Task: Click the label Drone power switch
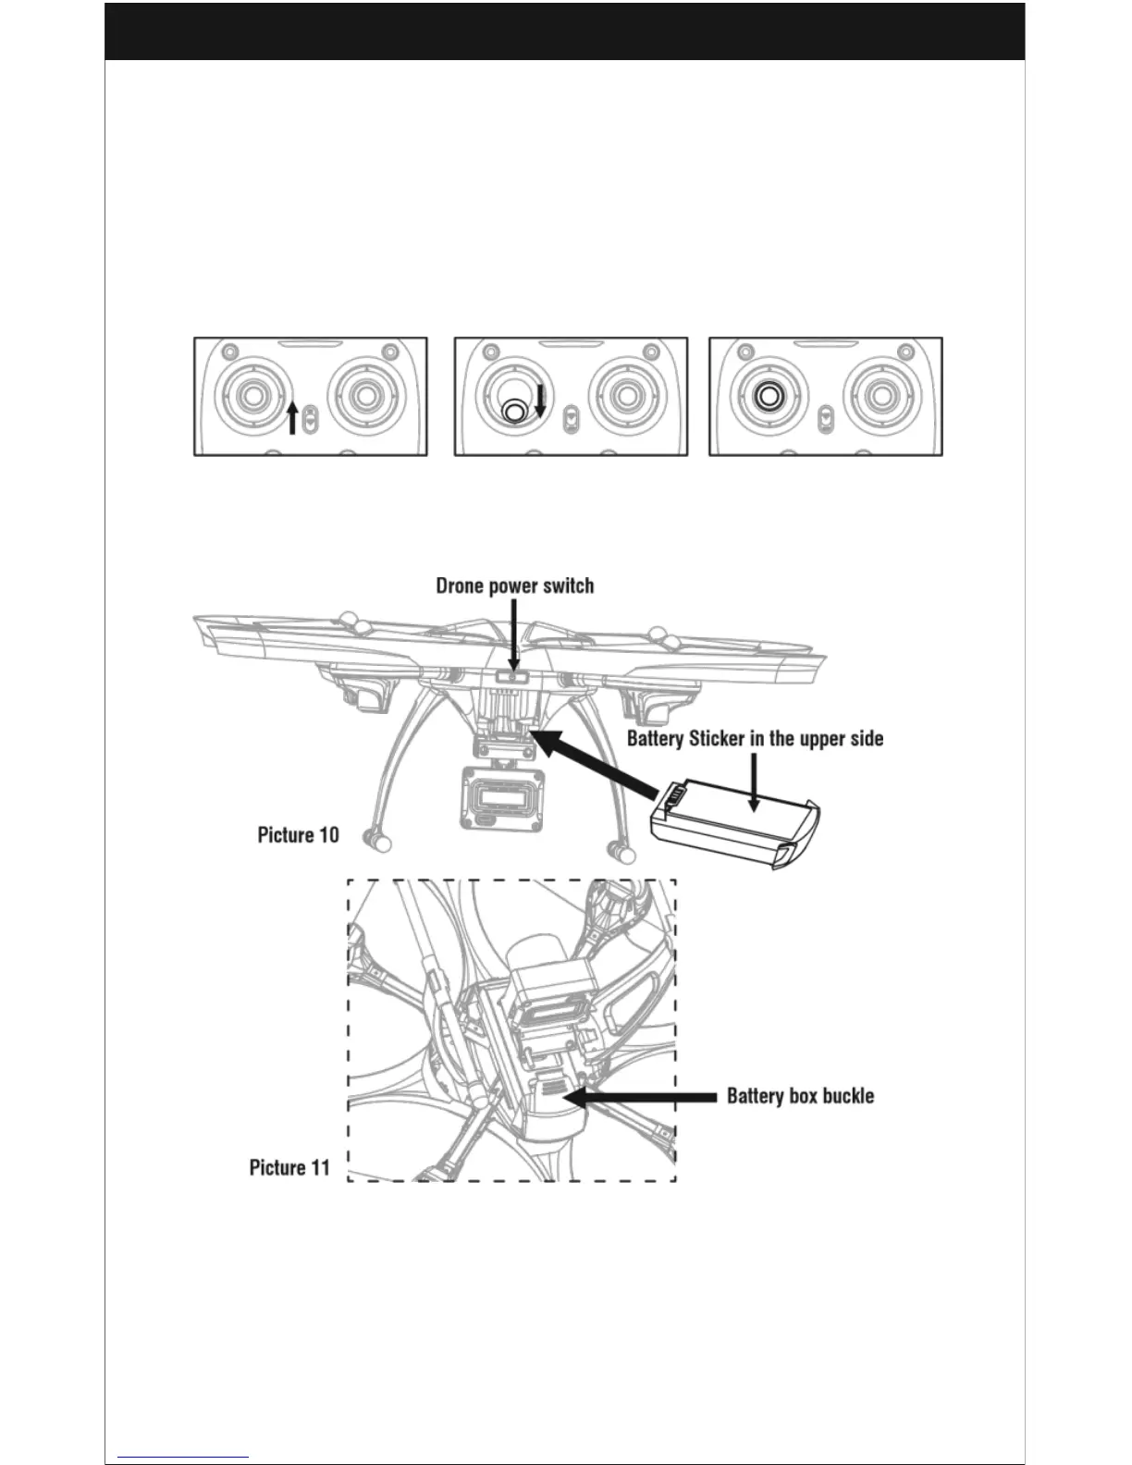click(515, 586)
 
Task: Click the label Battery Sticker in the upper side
click(755, 739)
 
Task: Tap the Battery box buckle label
click(800, 1096)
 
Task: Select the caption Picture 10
click(298, 835)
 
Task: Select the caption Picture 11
click(289, 1167)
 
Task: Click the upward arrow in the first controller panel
click(292, 418)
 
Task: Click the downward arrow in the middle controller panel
click(541, 400)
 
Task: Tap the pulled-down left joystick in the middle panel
click(514, 410)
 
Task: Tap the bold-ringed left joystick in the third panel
click(768, 396)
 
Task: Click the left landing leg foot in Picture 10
click(376, 842)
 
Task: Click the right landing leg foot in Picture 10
click(615, 848)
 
